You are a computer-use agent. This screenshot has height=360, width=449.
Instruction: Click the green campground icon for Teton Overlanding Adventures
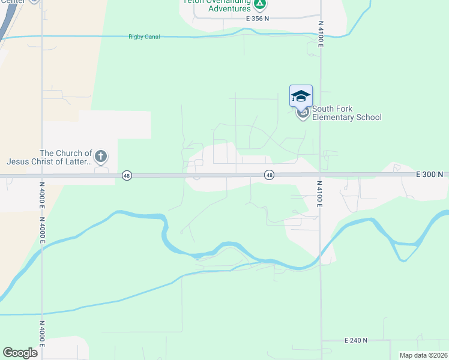pyautogui.click(x=259, y=4)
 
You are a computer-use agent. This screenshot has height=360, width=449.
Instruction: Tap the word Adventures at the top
pyautogui.click(x=230, y=9)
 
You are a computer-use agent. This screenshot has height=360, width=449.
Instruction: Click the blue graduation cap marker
pyautogui.click(x=301, y=96)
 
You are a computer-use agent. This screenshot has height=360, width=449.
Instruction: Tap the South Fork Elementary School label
pyautogui.click(x=346, y=113)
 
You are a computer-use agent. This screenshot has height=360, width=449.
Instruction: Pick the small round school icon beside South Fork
pyautogui.click(x=303, y=113)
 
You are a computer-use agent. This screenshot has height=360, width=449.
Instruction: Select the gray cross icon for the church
pyautogui.click(x=101, y=157)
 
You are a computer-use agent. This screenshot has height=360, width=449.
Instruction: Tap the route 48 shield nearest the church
pyautogui.click(x=126, y=175)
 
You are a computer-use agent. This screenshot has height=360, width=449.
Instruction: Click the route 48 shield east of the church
pyautogui.click(x=270, y=175)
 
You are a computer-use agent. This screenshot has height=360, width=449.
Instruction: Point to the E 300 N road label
pyautogui.click(x=429, y=175)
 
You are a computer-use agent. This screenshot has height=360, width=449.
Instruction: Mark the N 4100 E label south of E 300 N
pyautogui.click(x=320, y=194)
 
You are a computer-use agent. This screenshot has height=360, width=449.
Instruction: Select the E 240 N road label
pyautogui.click(x=357, y=340)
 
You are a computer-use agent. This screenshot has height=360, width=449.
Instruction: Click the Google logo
pyautogui.click(x=20, y=353)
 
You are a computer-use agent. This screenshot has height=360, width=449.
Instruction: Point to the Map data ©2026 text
pyautogui.click(x=423, y=355)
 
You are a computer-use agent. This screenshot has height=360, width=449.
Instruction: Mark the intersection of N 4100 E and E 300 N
pyautogui.click(x=320, y=175)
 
